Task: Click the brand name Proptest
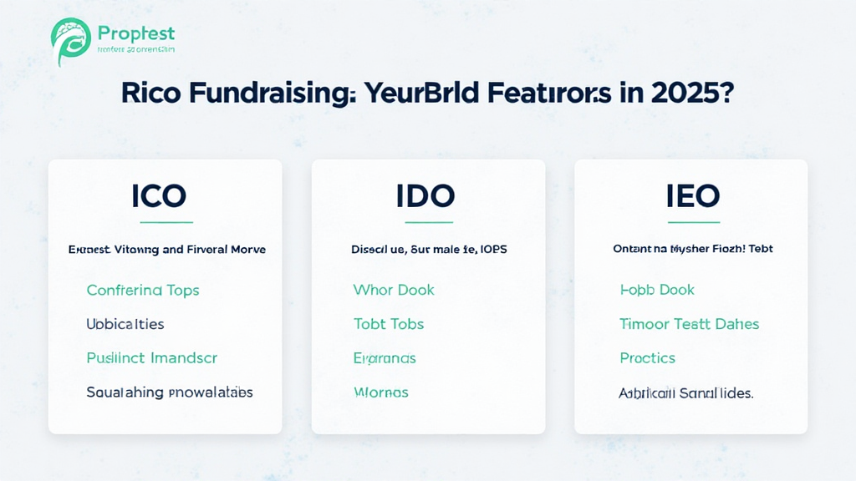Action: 136,33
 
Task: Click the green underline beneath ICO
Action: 166,222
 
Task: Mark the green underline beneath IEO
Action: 693,222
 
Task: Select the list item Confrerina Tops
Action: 143,290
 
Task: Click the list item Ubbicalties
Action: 125,323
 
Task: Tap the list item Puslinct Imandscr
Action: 152,357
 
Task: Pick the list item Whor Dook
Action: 394,290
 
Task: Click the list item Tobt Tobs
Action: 389,323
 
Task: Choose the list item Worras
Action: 381,392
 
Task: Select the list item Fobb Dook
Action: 657,290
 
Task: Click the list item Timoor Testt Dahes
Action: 690,323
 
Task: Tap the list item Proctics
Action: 647,357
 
